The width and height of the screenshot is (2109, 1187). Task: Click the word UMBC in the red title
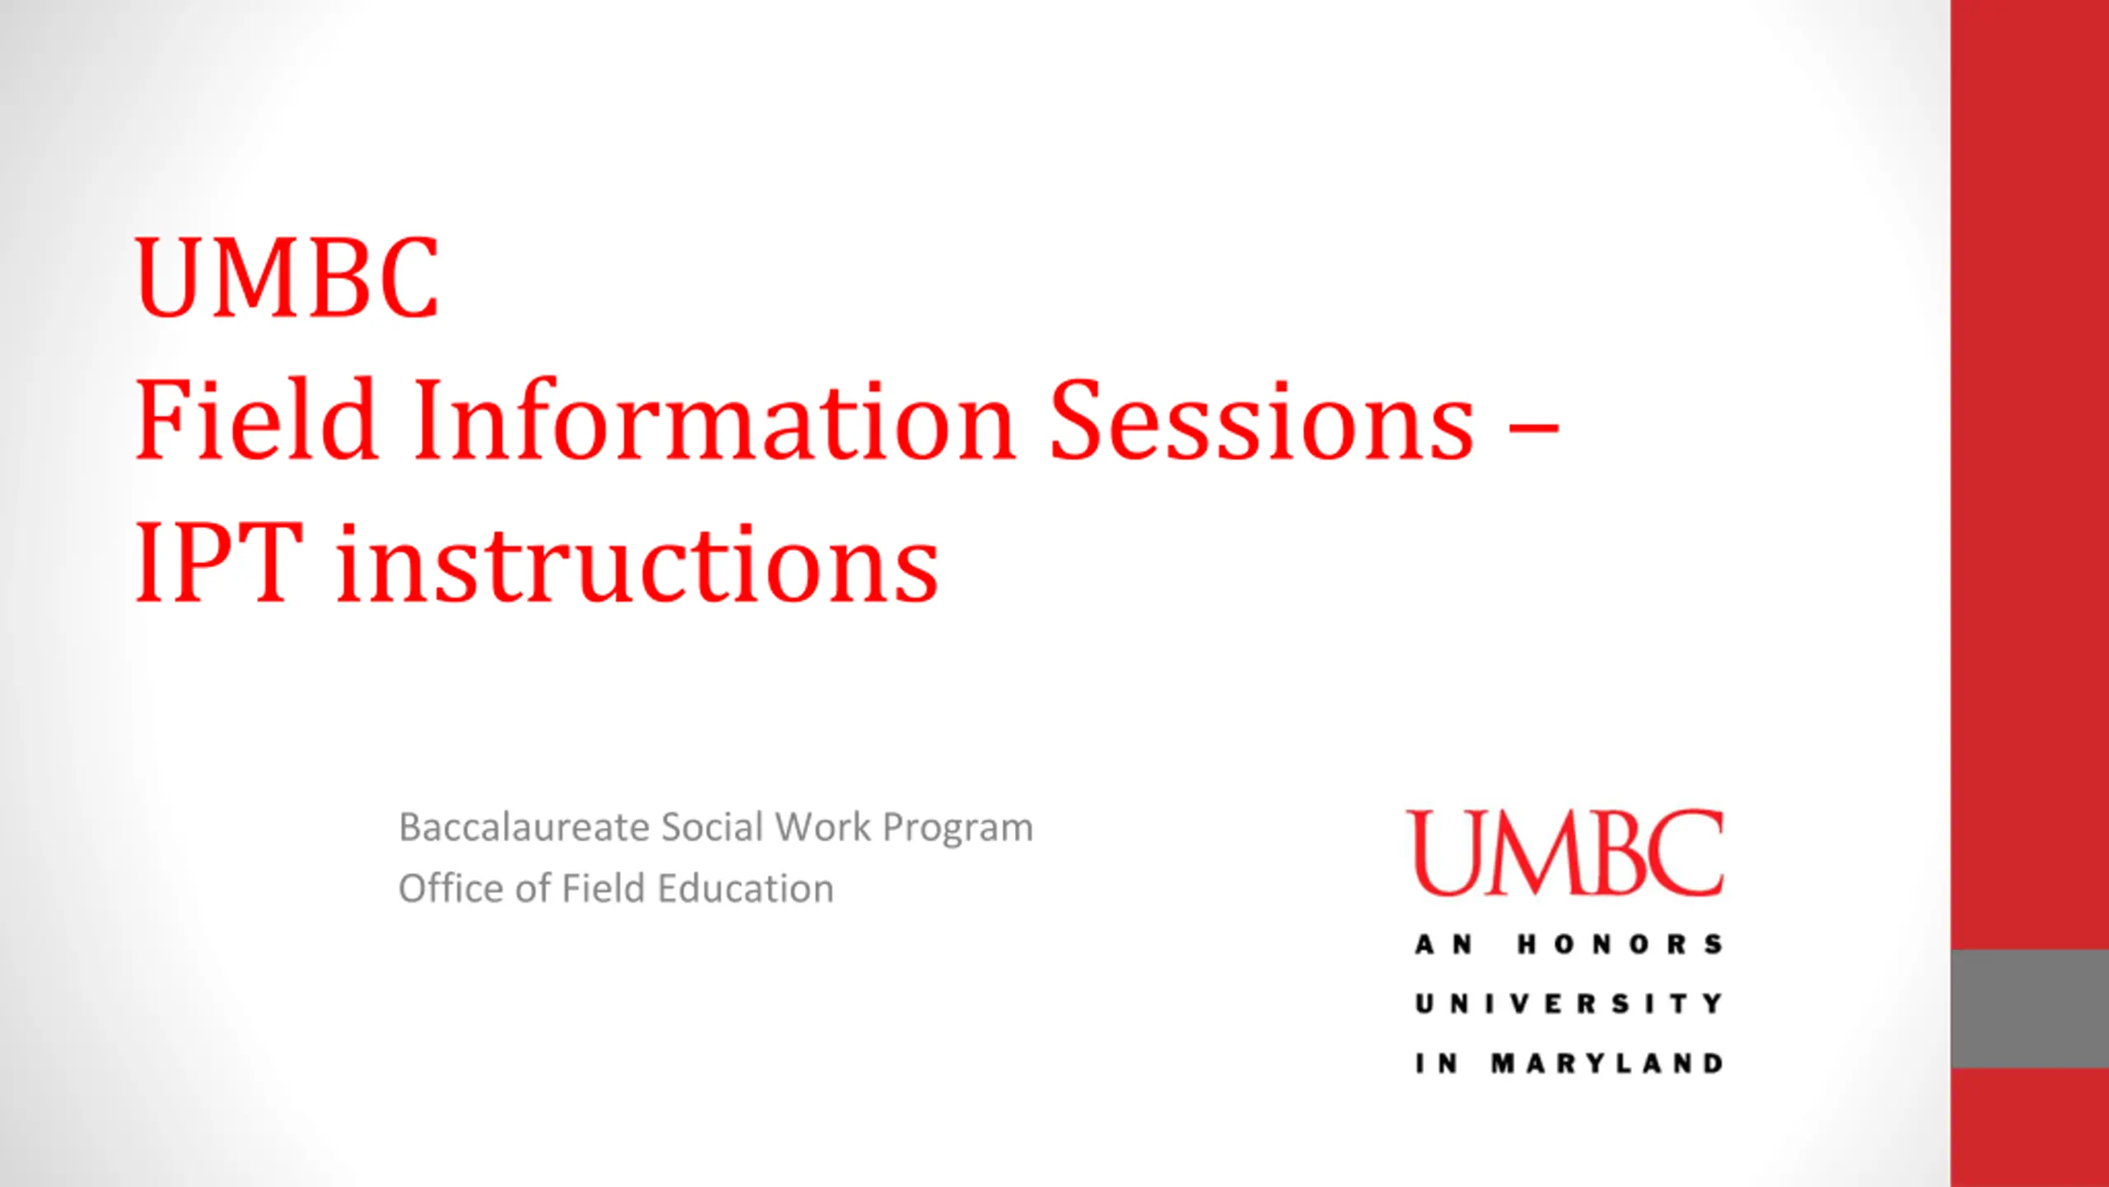[x=287, y=277]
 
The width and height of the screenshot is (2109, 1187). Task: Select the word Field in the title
[x=256, y=419]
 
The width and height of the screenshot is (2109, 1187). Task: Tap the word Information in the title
[x=714, y=419]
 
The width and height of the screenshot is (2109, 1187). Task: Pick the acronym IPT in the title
[x=218, y=564]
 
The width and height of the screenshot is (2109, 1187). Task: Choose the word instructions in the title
[x=638, y=564]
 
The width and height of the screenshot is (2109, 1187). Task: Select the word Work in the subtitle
[x=823, y=827]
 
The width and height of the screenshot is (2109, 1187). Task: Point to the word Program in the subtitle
[x=957, y=829]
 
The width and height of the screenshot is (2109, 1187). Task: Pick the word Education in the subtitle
[x=746, y=889]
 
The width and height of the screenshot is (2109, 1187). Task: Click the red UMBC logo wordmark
[x=1565, y=852]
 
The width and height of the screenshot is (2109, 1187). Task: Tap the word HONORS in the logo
[x=1620, y=944]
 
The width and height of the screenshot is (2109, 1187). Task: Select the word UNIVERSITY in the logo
[x=1569, y=1003]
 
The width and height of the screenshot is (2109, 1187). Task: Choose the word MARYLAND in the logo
[x=1606, y=1063]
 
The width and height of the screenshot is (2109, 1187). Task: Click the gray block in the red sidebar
[x=2030, y=1008]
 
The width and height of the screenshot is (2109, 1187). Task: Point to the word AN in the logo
[x=1443, y=944]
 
